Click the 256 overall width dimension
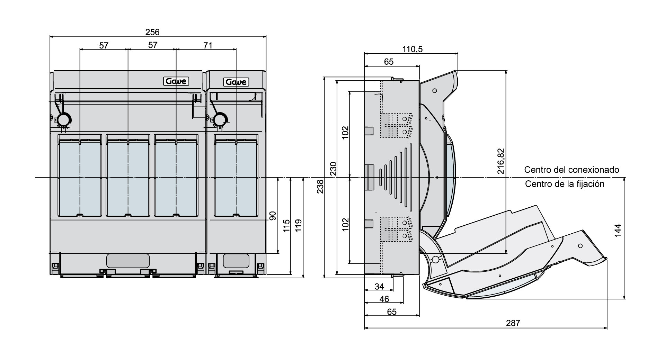(x=152, y=32)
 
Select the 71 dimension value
(x=208, y=45)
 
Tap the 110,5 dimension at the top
(x=412, y=49)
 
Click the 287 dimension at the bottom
(x=513, y=323)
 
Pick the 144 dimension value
(x=618, y=231)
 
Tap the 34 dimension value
(x=380, y=287)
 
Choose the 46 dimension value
(x=384, y=299)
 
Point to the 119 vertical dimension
(x=299, y=226)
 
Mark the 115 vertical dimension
(x=286, y=226)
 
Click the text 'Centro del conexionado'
(x=571, y=170)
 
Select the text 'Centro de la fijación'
(x=565, y=184)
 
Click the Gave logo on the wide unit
(x=176, y=81)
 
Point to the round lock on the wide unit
(x=64, y=119)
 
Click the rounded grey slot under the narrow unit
(x=236, y=261)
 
